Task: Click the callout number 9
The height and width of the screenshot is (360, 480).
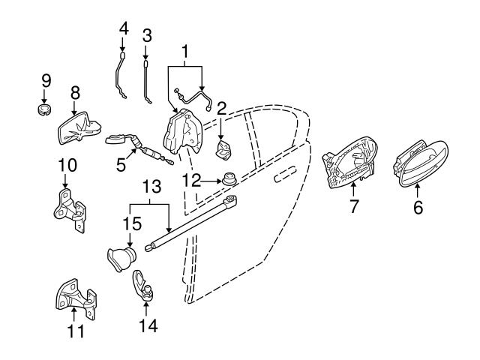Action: pos(46,80)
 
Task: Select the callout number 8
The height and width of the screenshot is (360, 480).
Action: pos(74,93)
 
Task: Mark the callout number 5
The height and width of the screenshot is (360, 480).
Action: pos(120,163)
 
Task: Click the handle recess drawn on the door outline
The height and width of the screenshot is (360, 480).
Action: pos(284,177)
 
